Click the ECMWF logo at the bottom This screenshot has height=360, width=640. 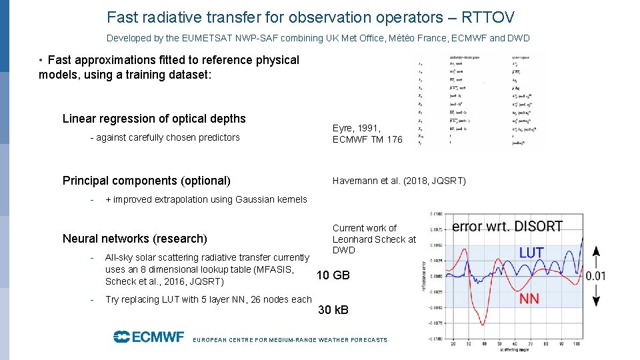click(x=148, y=337)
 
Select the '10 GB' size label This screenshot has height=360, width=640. click(x=333, y=275)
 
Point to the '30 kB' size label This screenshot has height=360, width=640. click(x=333, y=310)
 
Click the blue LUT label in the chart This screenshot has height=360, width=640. click(x=531, y=253)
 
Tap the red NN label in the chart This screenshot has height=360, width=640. click(x=529, y=299)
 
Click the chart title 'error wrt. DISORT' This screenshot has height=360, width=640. click(x=507, y=227)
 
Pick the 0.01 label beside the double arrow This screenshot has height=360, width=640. click(x=595, y=275)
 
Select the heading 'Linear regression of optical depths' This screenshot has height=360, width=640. click(x=154, y=119)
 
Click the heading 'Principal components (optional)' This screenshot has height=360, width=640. click(x=147, y=181)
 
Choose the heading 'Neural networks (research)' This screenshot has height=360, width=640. click(x=135, y=239)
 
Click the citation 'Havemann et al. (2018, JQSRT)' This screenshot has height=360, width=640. click(x=399, y=181)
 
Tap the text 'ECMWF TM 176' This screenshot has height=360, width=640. click(x=367, y=139)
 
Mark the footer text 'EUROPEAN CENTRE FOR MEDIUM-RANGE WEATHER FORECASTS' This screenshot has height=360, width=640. click(x=289, y=340)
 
